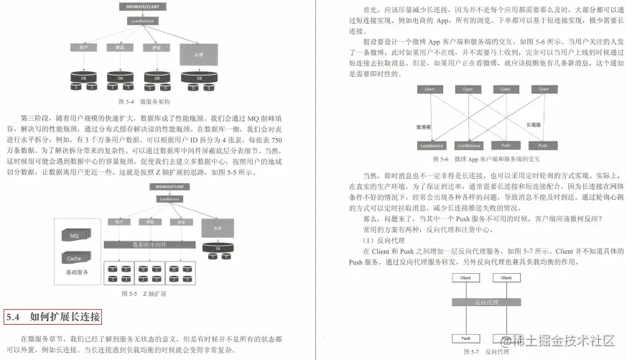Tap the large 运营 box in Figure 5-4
point(198,55)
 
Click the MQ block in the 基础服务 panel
point(75,236)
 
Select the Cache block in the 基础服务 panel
point(75,257)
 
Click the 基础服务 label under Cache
point(78,272)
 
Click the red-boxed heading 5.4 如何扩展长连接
point(53,316)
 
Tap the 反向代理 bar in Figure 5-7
point(486,303)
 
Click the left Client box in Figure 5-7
point(466,278)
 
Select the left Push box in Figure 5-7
point(466,338)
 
